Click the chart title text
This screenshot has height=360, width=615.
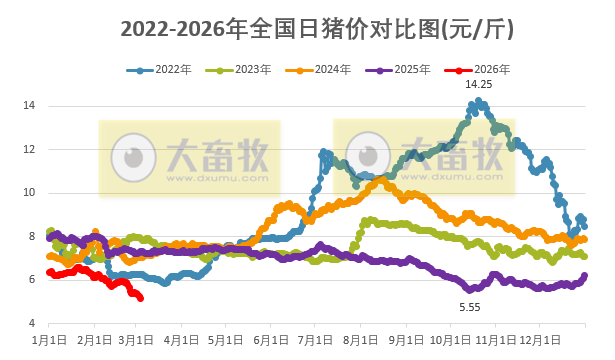(x=307, y=29)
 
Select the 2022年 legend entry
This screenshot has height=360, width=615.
(x=167, y=70)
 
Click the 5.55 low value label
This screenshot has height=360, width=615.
(x=470, y=306)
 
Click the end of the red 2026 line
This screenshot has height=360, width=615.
(x=140, y=298)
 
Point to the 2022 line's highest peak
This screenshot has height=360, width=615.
(x=480, y=101)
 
